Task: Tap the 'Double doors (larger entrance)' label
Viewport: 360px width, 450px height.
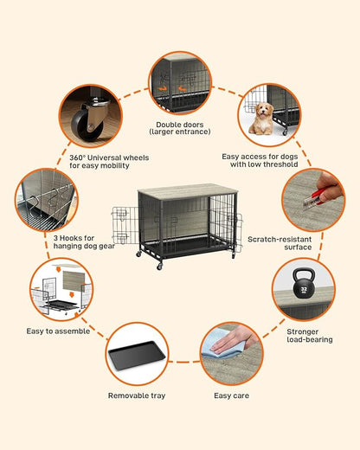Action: pyautogui.click(x=180, y=129)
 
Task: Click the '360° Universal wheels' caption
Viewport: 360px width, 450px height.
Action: pyautogui.click(x=108, y=162)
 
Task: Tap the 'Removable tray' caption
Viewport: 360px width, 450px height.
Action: pyautogui.click(x=136, y=395)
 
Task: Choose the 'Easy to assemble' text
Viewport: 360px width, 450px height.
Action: pyautogui.click(x=58, y=331)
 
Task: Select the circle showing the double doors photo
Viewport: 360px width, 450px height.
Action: pyautogui.click(x=180, y=84)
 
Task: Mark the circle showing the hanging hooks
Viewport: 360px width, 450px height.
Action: pyautogui.click(x=46, y=199)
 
